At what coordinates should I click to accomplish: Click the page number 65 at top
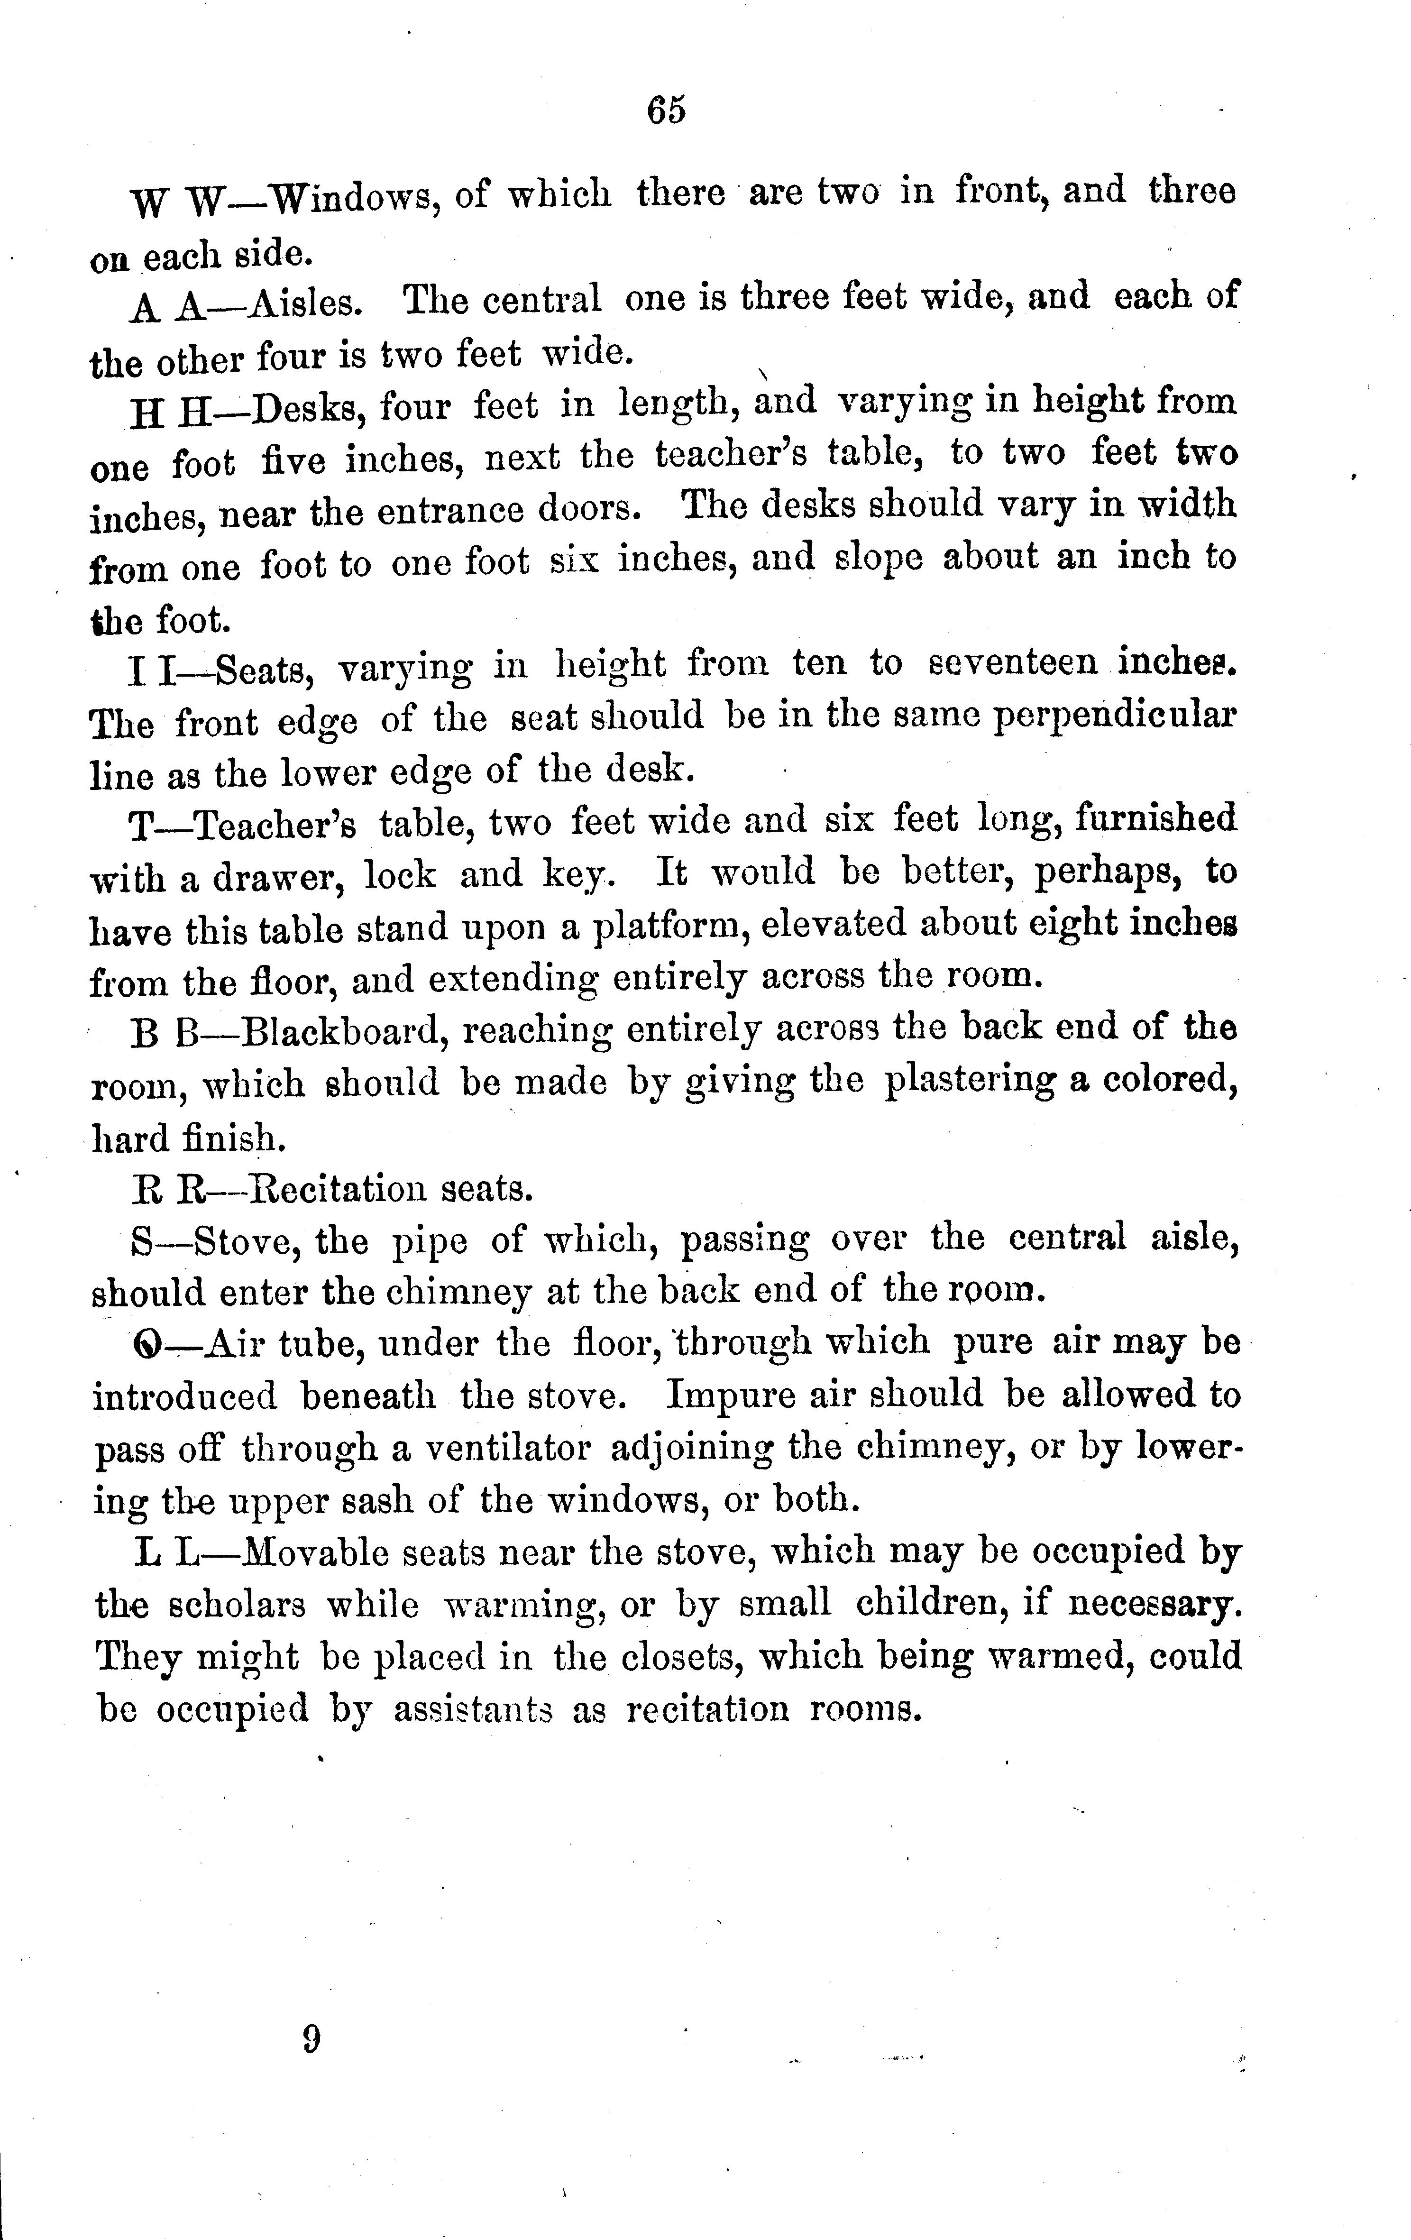666,110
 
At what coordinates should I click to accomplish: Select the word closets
682,1657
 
